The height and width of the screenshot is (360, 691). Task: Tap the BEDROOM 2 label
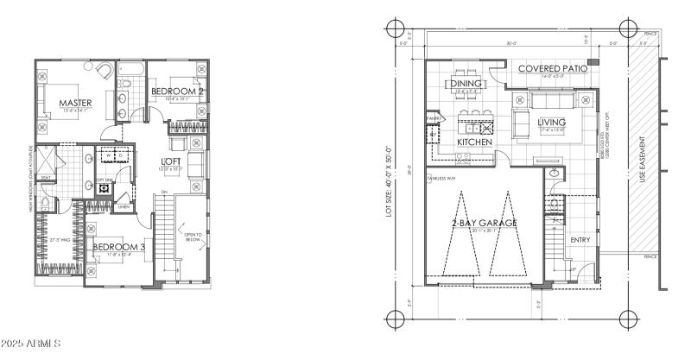pos(177,91)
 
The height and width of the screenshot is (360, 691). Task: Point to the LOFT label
pos(170,161)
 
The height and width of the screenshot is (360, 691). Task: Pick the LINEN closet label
pos(124,206)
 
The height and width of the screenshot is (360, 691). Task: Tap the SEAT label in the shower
pos(46,179)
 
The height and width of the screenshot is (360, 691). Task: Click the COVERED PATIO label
pos(553,68)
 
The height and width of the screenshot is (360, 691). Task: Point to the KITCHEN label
pos(474,142)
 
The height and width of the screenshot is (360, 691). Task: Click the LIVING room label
pos(551,123)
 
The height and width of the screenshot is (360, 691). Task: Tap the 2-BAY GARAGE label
pos(484,223)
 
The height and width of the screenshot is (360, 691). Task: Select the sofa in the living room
pos(521,124)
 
